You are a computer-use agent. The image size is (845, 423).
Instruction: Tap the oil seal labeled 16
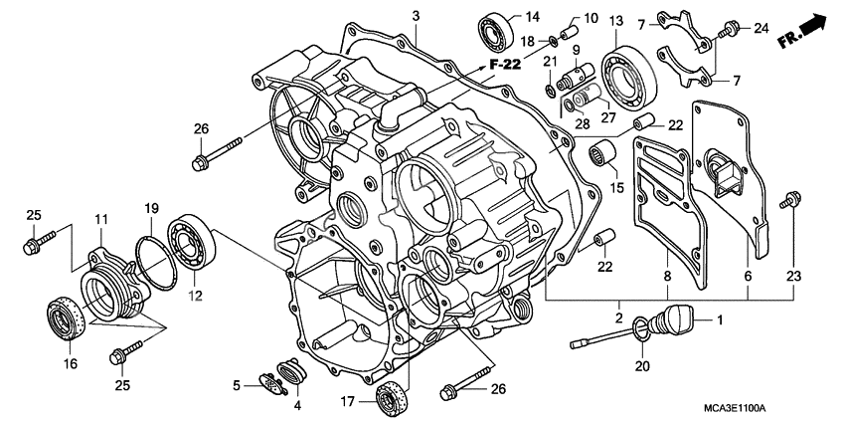(x=65, y=317)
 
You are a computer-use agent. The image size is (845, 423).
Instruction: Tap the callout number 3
(x=417, y=15)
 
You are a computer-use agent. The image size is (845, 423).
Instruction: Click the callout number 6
(x=748, y=276)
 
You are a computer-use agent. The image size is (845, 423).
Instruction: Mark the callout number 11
(x=100, y=218)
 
